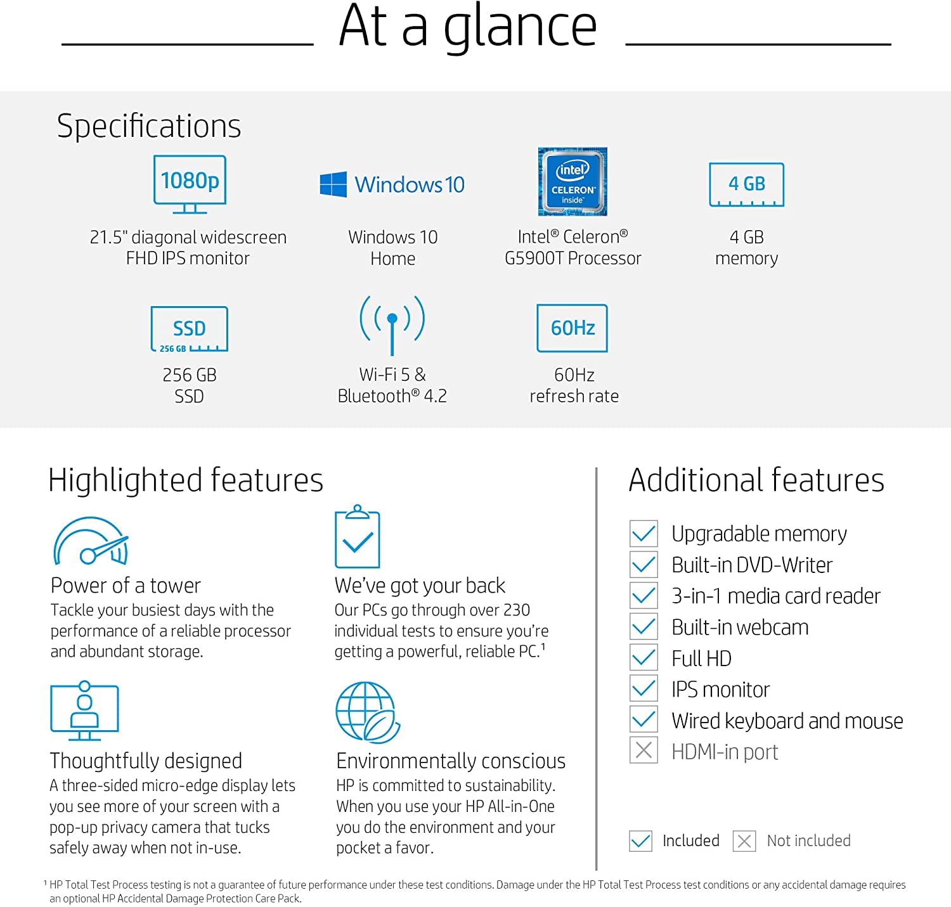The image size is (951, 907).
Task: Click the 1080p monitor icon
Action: pos(190,184)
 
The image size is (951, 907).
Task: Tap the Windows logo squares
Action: pos(333,184)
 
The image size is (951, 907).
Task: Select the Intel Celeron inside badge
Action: pos(573,181)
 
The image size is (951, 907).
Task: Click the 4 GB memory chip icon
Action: pos(746,184)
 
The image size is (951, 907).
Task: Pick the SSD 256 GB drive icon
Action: pos(189,329)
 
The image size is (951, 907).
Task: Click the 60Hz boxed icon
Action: pos(573,328)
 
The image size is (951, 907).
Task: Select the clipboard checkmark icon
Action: pos(358,536)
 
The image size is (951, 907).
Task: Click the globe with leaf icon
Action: pos(368,712)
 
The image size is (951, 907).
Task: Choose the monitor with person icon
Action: pos(85,710)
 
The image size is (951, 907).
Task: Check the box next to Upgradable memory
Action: pos(644,534)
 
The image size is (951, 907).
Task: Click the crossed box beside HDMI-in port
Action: pos(644,750)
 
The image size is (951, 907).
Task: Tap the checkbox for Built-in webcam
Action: pos(644,626)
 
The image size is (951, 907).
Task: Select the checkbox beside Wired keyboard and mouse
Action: pos(644,719)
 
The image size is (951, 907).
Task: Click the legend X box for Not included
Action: pos(744,841)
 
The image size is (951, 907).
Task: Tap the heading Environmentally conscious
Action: pos(451,761)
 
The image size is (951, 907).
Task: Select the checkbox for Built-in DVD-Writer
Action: pos(644,565)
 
